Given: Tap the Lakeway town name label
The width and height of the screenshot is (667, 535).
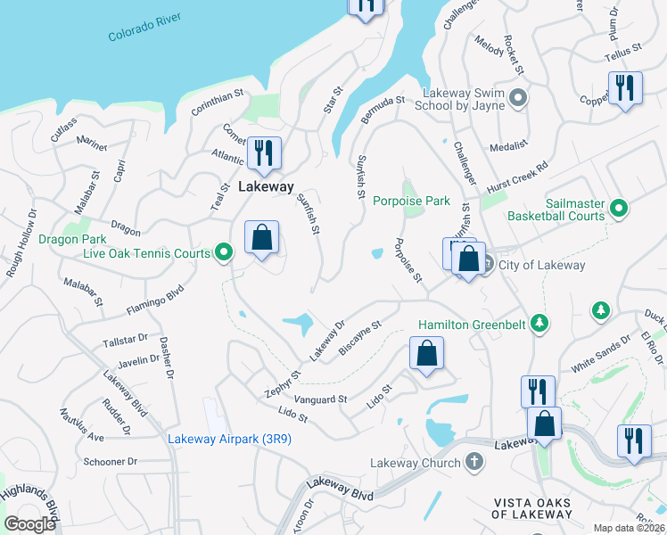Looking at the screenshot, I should (x=266, y=187).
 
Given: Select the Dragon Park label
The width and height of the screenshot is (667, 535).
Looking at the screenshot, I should (x=72, y=239).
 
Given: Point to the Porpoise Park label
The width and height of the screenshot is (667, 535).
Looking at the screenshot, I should (x=411, y=202).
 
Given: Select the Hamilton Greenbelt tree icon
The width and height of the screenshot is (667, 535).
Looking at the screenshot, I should (x=539, y=322).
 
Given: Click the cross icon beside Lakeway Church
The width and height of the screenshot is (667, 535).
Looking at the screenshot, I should (x=474, y=462).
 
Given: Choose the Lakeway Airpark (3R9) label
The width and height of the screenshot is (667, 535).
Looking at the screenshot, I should (x=230, y=439).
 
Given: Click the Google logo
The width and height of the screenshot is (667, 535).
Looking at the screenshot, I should (x=29, y=524).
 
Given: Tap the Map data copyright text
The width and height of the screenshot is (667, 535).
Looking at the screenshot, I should (x=628, y=528).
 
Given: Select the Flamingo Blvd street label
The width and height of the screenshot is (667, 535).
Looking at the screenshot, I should (x=154, y=299).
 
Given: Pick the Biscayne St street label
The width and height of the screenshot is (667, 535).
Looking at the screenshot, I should (x=360, y=339).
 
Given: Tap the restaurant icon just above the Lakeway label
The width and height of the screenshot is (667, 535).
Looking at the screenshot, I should (x=263, y=152).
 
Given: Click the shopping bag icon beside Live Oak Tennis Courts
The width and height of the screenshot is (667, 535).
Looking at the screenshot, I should (x=261, y=238).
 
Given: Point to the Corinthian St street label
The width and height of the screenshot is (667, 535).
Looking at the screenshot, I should (x=217, y=103).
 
